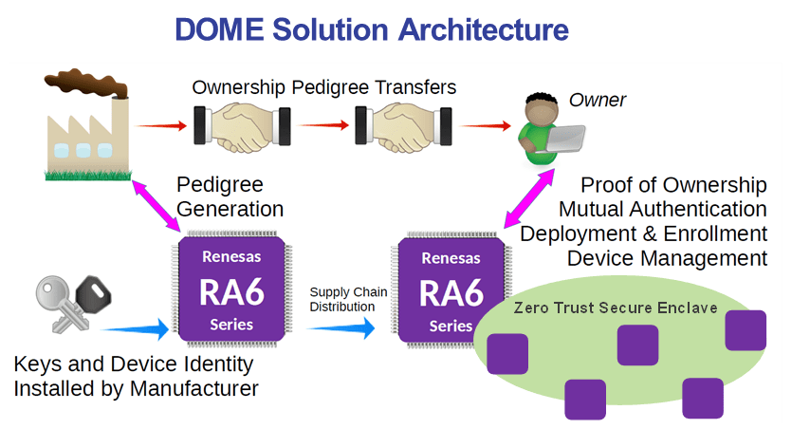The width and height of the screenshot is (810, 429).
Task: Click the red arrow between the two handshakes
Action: [x=321, y=124]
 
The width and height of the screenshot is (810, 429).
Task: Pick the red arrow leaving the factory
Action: [x=160, y=124]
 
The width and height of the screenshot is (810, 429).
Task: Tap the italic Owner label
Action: [x=598, y=100]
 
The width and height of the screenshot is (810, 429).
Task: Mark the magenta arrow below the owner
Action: [x=535, y=200]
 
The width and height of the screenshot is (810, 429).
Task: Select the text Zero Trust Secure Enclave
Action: [x=616, y=308]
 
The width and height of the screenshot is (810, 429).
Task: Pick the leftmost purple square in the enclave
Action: [x=507, y=353]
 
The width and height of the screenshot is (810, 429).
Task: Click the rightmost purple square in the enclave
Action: [x=745, y=329]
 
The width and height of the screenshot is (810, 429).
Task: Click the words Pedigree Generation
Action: [x=230, y=196]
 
